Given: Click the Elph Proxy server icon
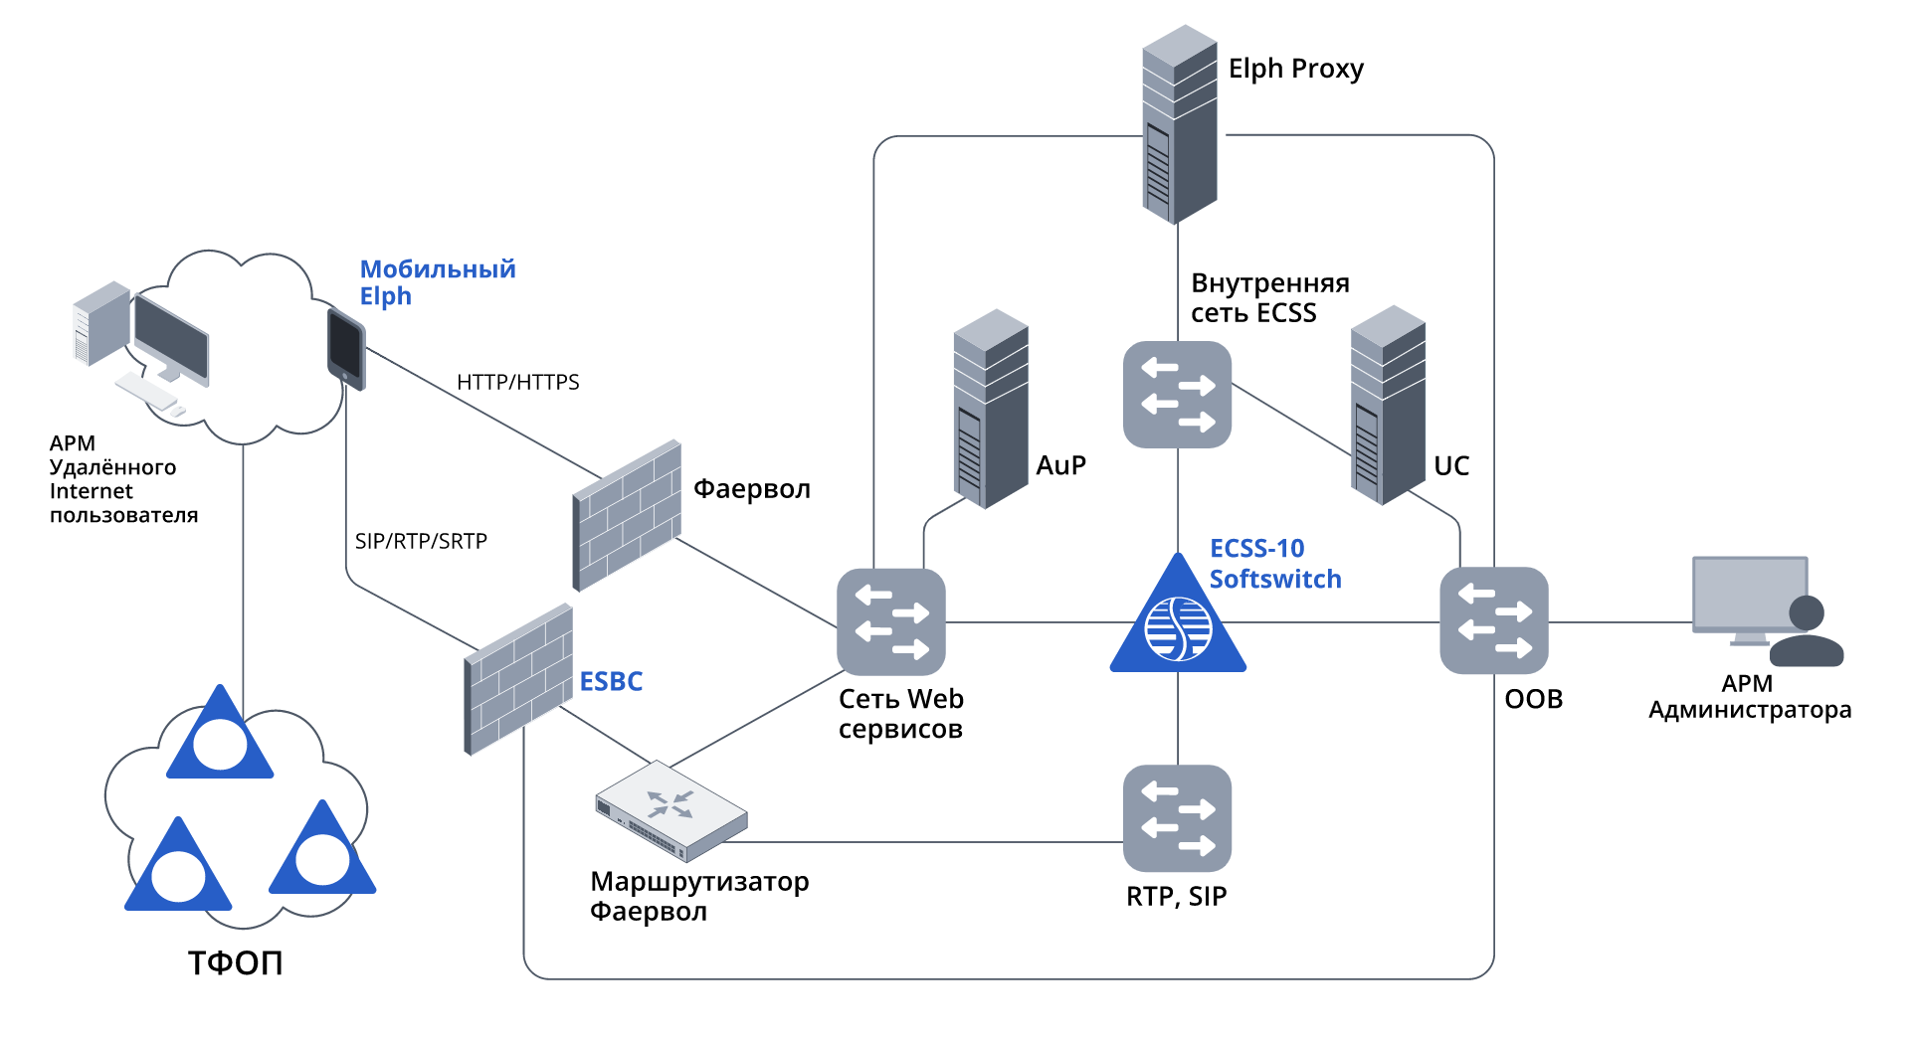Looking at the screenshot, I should (x=1179, y=124).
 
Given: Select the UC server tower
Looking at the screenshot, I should (x=1388, y=405).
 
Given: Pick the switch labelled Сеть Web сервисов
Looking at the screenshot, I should (x=891, y=622).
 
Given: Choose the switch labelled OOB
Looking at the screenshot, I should (x=1494, y=620).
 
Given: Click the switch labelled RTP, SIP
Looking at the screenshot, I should (x=1177, y=817).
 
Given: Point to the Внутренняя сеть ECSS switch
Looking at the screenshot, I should (x=1177, y=395).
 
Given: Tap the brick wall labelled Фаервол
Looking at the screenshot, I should (x=628, y=515).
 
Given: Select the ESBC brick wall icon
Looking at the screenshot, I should (x=518, y=679).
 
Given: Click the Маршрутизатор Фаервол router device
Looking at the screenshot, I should (x=671, y=810).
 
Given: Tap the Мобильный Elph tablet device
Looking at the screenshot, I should (x=346, y=349).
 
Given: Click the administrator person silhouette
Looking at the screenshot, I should (x=1807, y=632).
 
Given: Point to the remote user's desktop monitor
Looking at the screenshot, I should (x=171, y=338).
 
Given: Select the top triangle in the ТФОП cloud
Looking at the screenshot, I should (x=220, y=737).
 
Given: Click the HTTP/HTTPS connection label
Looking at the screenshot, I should (x=517, y=383).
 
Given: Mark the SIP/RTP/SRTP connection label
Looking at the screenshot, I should (x=421, y=542).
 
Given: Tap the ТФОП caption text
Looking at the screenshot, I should (x=236, y=962).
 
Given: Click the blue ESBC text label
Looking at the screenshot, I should (x=611, y=682).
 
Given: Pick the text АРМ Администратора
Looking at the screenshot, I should (x=1749, y=697).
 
